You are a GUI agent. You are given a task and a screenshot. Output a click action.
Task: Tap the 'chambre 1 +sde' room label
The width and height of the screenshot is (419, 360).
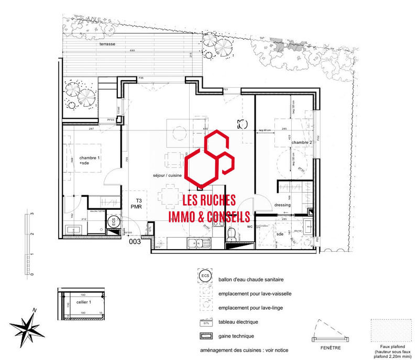[x=89, y=161]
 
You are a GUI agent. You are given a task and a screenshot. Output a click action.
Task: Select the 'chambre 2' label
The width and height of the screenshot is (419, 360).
[x=302, y=142]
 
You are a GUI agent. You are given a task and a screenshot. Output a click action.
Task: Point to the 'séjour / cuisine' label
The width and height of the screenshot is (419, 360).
[x=167, y=175]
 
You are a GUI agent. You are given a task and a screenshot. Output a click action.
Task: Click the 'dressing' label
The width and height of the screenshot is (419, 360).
[x=283, y=205]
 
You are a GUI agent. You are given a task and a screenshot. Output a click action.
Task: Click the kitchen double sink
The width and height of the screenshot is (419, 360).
[x=197, y=242]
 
